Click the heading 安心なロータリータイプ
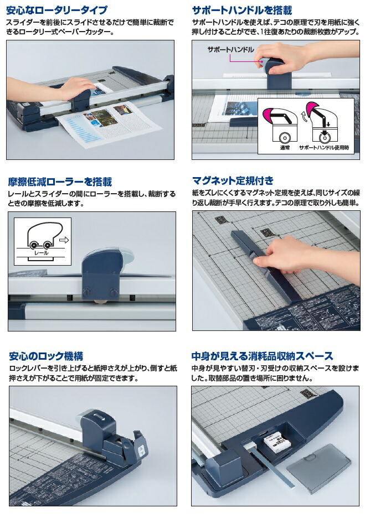click(56, 10)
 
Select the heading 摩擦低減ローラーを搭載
click(60, 182)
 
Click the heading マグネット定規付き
click(232, 180)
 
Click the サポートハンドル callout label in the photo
click(230, 50)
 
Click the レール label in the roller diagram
click(41, 252)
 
